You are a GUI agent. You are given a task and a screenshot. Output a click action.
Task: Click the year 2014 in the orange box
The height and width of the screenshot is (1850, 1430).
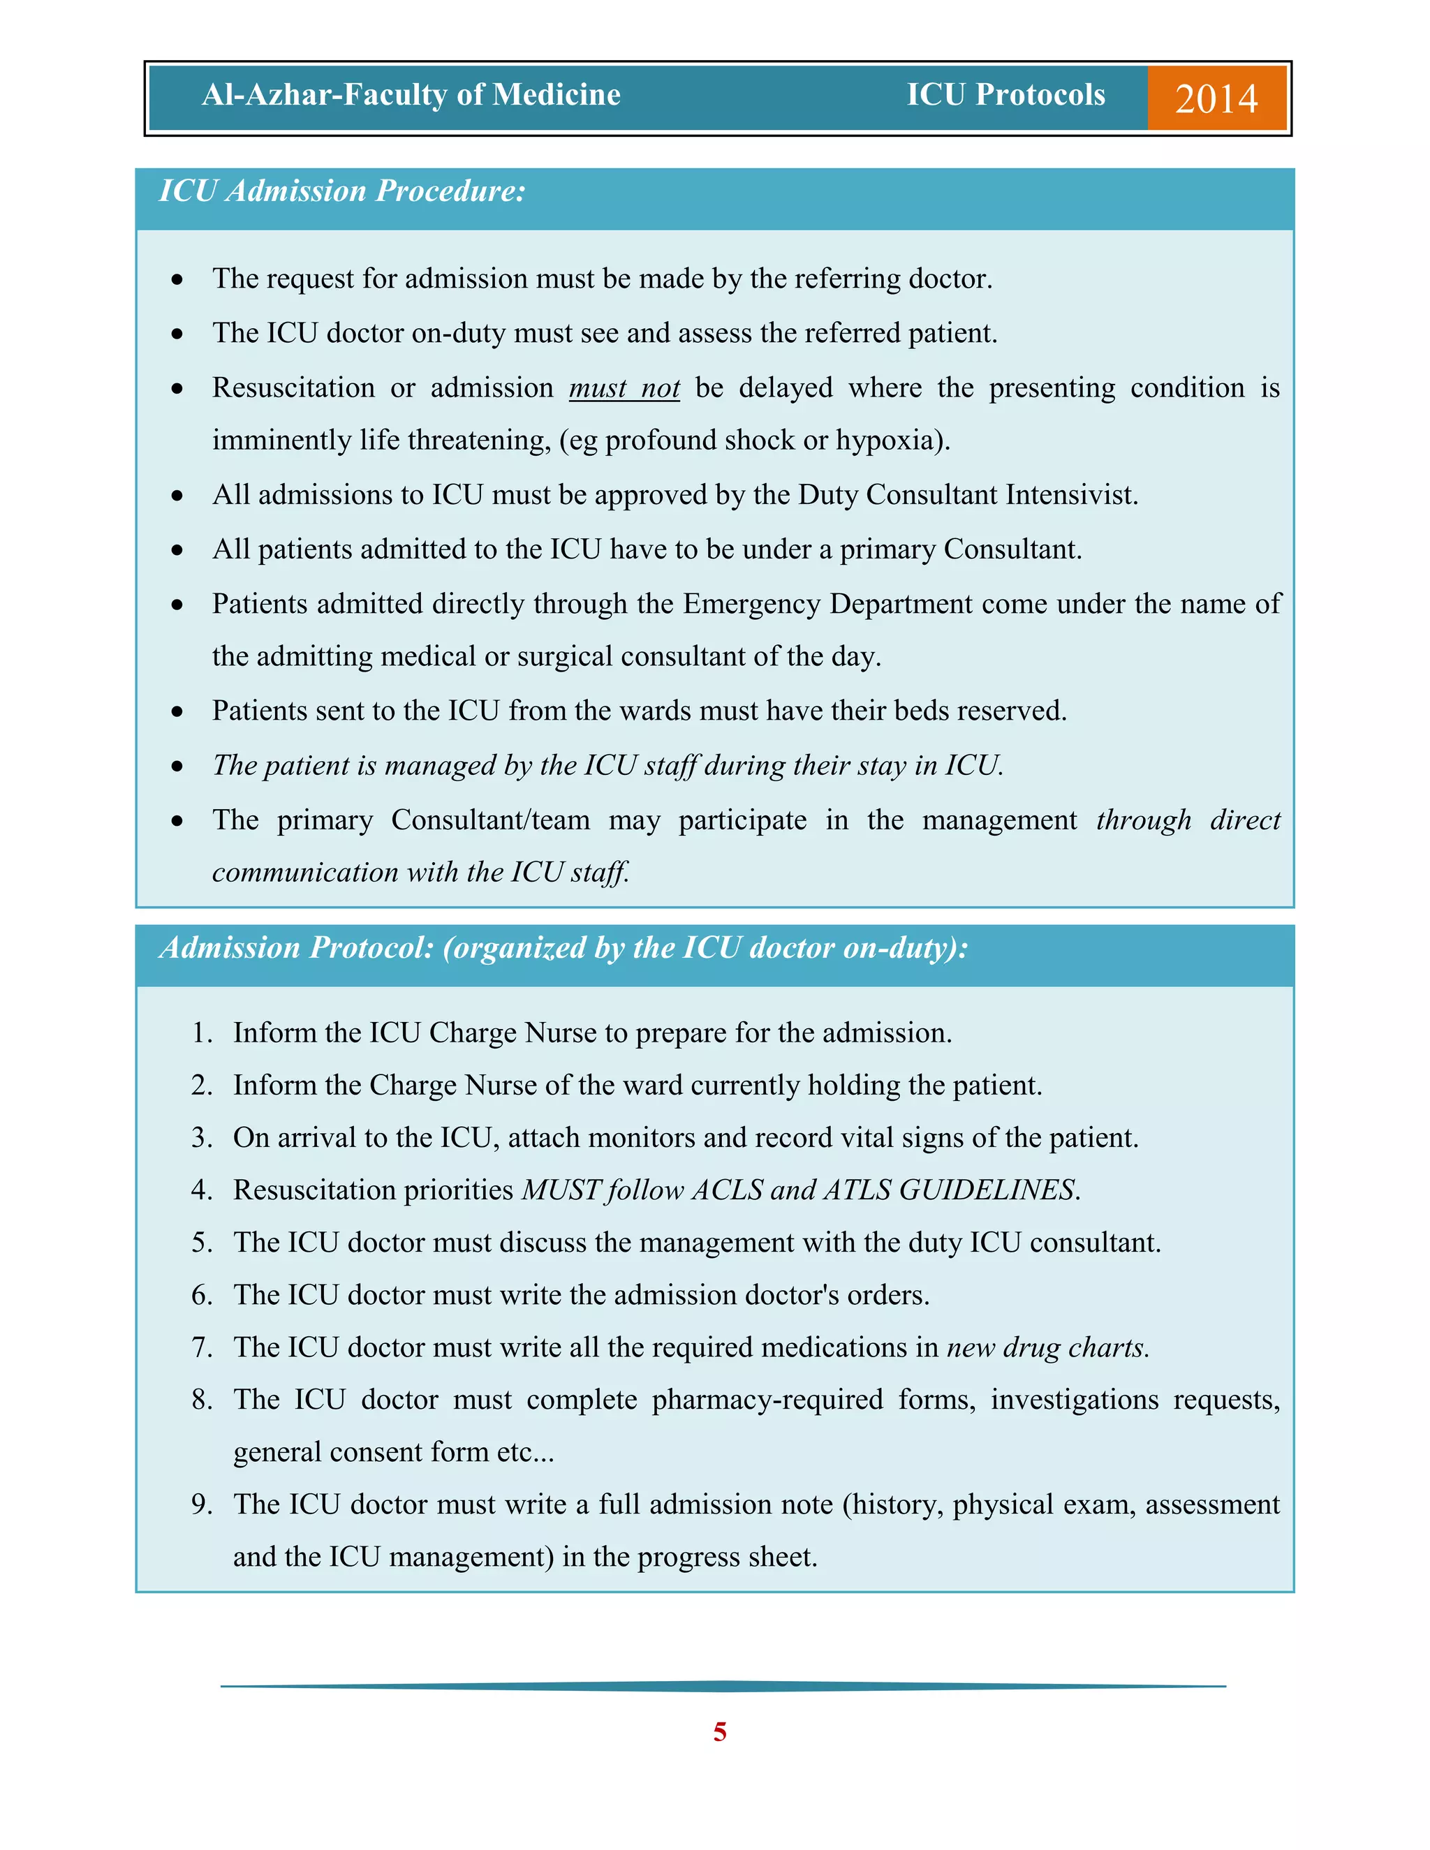(x=1216, y=98)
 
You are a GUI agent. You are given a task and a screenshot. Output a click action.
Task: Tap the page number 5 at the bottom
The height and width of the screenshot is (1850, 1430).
(x=719, y=1731)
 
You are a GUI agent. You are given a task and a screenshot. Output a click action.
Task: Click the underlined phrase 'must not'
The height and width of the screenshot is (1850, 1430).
(x=624, y=388)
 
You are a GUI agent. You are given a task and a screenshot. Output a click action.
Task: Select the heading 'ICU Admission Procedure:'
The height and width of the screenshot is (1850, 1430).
(x=342, y=191)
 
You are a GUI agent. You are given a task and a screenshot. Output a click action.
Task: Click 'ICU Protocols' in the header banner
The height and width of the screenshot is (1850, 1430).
(x=1005, y=94)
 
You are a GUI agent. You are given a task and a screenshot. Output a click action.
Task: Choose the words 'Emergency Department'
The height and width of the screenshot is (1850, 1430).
(x=827, y=604)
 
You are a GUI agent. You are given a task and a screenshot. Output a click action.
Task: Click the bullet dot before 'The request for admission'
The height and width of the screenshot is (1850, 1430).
(x=177, y=279)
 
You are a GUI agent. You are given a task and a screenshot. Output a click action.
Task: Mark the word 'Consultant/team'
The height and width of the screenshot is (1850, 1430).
(x=490, y=820)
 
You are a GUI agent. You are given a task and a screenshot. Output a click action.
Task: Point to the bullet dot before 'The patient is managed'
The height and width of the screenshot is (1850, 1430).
(x=177, y=767)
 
